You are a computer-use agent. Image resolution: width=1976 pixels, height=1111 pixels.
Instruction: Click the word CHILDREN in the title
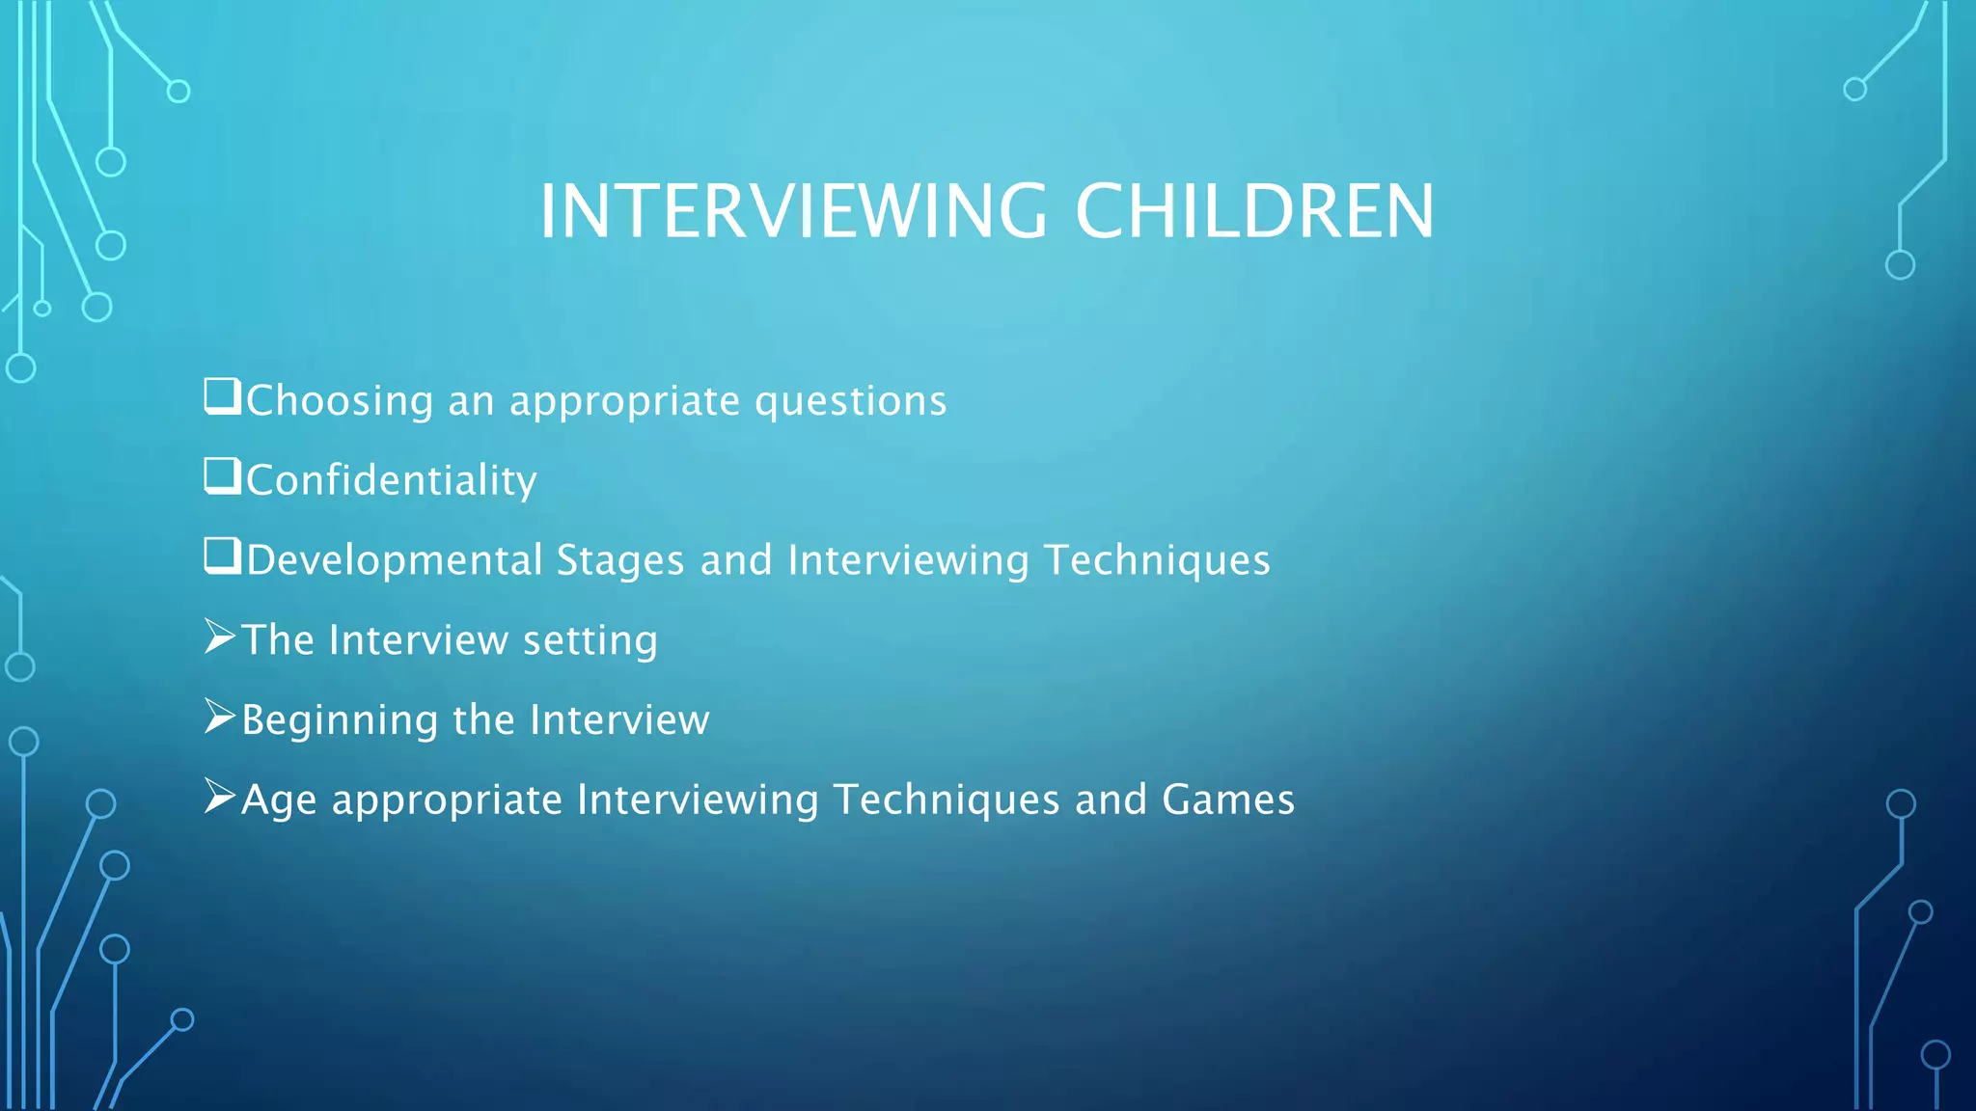pyautogui.click(x=1254, y=211)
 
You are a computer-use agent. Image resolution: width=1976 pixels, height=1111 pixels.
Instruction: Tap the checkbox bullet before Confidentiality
pyautogui.click(x=222, y=476)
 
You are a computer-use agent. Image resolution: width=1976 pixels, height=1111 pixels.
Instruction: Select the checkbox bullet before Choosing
pyautogui.click(x=222, y=396)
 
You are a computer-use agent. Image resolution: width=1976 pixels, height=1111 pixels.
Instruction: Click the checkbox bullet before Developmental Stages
pyautogui.click(x=222, y=556)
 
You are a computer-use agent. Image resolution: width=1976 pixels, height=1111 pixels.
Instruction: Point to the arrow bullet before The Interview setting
pyautogui.click(x=220, y=637)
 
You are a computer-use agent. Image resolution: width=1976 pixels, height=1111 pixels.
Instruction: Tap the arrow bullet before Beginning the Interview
pyautogui.click(x=220, y=717)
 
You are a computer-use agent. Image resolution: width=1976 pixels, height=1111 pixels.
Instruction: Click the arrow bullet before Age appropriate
pyautogui.click(x=220, y=797)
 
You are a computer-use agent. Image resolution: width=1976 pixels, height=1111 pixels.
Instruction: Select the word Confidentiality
pyautogui.click(x=391, y=480)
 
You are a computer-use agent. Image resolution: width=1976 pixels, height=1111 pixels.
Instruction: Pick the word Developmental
pyautogui.click(x=394, y=561)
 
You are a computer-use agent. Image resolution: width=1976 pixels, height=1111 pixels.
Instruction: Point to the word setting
pyautogui.click(x=590, y=641)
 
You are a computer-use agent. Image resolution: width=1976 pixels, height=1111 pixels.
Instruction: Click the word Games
pyautogui.click(x=1227, y=799)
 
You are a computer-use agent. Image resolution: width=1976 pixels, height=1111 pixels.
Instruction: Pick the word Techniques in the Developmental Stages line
pyautogui.click(x=1157, y=561)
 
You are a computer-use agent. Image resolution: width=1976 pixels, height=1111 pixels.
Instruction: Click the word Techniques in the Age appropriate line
pyautogui.click(x=946, y=799)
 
